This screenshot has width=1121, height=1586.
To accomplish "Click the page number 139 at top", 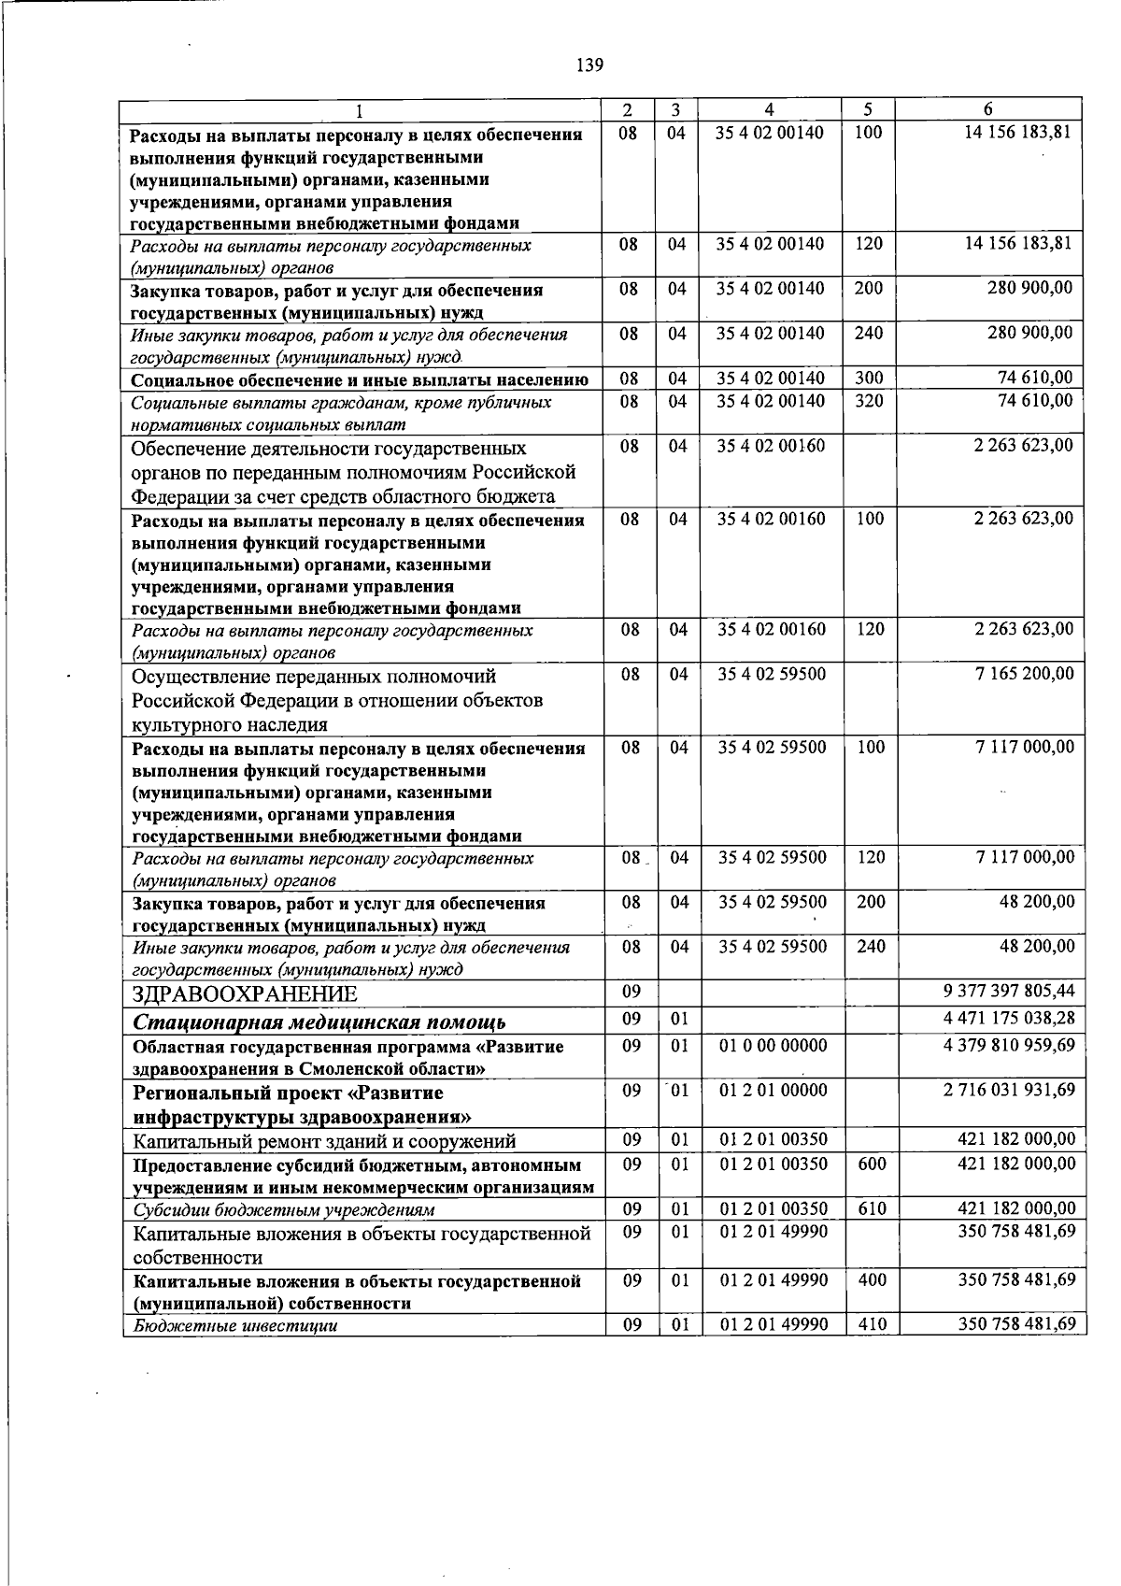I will coord(590,64).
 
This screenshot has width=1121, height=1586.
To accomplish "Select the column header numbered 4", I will coord(769,108).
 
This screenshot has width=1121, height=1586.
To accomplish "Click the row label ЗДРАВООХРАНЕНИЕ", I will coord(245,994).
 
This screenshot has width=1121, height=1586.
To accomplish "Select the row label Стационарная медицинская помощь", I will coord(319,1022).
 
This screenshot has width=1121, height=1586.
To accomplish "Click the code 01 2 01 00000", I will coord(773,1090).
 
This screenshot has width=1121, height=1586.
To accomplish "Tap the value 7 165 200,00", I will coord(1023,673).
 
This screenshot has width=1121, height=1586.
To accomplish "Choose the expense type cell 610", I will coord(872,1208).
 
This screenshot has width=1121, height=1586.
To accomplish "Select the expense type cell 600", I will coord(872,1164).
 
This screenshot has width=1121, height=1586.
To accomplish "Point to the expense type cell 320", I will coord(869,401).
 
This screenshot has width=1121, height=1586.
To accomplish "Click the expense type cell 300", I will coord(869,379).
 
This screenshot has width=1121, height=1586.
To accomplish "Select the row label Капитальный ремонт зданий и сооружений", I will coord(324,1141).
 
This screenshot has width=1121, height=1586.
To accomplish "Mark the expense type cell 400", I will coord(872,1279).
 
